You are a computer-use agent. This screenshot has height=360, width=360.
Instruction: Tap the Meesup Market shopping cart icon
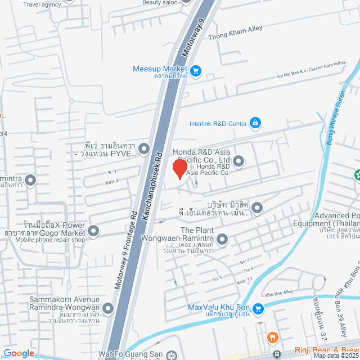pyautogui.click(x=196, y=71)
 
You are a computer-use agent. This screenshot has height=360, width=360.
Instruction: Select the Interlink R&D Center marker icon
pyautogui.click(x=255, y=123)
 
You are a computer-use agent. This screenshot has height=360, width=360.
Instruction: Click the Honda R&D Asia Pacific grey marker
pyautogui.click(x=238, y=162)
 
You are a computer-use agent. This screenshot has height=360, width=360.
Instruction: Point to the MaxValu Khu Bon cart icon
pyautogui.click(x=258, y=308)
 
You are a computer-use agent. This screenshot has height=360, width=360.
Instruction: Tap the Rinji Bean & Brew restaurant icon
pyautogui.click(x=273, y=337)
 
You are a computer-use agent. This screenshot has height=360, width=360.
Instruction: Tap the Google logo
pyautogui.click(x=18, y=353)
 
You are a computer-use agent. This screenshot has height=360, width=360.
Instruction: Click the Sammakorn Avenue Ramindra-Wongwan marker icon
pyautogui.click(x=107, y=308)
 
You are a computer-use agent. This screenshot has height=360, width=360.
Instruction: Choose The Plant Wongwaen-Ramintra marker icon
pyautogui.click(x=223, y=240)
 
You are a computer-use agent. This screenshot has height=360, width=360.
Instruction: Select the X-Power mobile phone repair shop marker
pyautogui.click(x=93, y=230)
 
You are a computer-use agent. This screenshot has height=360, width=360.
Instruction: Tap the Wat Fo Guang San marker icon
pyautogui.click(x=171, y=355)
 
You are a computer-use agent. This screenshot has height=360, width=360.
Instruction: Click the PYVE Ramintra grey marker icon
pyautogui.click(x=144, y=149)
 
